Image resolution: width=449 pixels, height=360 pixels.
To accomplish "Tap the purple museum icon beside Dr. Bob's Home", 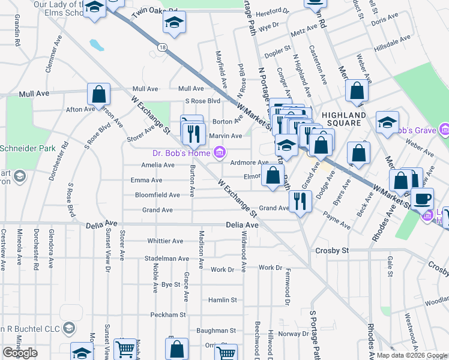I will (x=220, y=153).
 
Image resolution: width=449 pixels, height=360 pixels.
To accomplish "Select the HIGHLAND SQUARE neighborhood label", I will (x=343, y=115).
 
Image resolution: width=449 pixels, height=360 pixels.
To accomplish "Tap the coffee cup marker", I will (x=422, y=198).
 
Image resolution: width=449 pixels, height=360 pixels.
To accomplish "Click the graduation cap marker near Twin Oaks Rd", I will (x=175, y=23).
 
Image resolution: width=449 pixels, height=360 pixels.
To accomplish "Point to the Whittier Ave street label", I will (x=165, y=241).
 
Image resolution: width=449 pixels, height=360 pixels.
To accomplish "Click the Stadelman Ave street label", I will (x=167, y=259).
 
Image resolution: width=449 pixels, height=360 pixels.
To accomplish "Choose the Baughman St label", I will (x=216, y=330).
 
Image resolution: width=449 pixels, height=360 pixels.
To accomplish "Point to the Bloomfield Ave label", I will (x=157, y=195).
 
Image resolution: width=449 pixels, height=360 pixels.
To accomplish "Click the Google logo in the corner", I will (x=20, y=352).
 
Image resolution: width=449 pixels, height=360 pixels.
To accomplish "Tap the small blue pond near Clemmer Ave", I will (x=95, y=44).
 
